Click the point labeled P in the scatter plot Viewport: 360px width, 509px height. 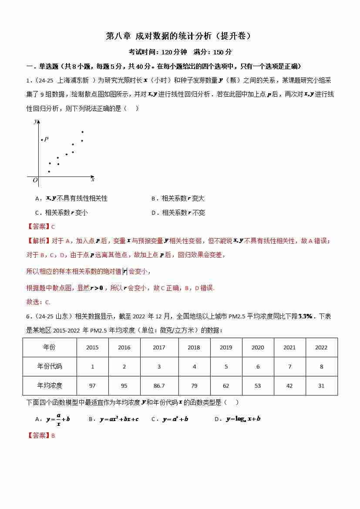pos(42,140)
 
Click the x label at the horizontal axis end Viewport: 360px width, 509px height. pos(93,179)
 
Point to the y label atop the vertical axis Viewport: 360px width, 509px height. pos(35,121)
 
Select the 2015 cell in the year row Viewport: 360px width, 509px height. pos(92,347)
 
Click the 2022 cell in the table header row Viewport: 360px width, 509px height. pos(321,347)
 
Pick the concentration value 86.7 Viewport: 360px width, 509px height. pos(159,386)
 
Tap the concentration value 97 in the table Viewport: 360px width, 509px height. pos(92,386)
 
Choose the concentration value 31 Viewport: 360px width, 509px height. pos(321,386)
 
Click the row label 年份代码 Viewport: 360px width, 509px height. pos(50,367)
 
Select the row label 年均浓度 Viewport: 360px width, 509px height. pos(50,386)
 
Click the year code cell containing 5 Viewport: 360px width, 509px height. pos(226,367)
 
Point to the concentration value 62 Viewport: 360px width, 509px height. pos(226,386)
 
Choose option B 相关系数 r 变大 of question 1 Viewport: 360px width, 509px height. pos(178,199)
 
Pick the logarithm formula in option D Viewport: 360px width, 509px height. pos(243,419)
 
